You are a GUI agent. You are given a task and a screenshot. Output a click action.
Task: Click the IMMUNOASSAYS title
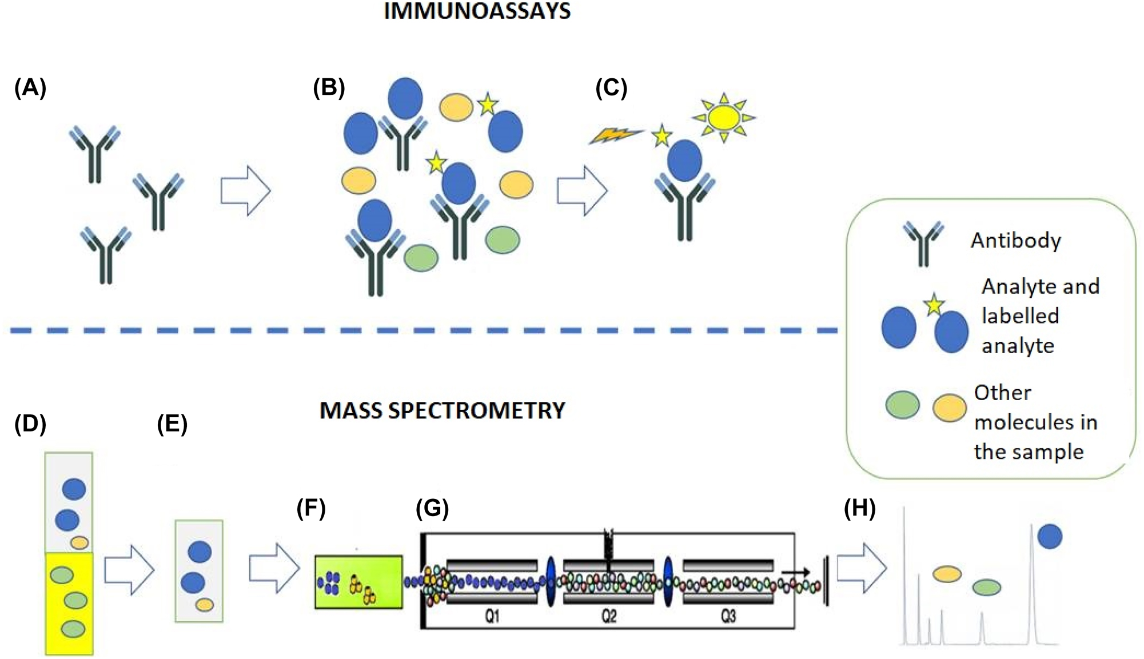tap(477, 11)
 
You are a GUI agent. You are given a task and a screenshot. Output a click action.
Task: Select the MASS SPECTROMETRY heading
tap(442, 410)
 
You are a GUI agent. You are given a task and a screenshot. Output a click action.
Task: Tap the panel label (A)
tap(30, 88)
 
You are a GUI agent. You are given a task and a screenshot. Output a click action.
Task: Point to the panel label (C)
tap(611, 88)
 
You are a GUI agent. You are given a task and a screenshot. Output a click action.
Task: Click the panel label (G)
tap(432, 508)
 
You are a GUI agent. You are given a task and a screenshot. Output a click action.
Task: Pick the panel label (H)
tap(860, 508)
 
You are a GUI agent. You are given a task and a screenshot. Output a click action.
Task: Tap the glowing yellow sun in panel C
tap(724, 118)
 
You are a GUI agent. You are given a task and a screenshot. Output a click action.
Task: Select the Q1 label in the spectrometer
tap(492, 616)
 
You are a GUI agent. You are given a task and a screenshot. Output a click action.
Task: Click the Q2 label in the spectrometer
tap(609, 616)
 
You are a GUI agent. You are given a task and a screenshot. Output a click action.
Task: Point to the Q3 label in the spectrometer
tap(728, 616)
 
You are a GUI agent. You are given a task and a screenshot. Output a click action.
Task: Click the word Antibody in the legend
tap(1016, 241)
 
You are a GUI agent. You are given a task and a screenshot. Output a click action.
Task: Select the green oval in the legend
tap(902, 405)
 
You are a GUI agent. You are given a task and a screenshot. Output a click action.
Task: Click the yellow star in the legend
tap(934, 305)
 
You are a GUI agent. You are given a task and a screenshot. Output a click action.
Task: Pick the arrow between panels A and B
tap(245, 191)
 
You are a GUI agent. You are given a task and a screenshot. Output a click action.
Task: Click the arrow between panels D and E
tap(129, 570)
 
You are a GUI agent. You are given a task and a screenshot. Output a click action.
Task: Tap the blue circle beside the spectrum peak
tap(1050, 536)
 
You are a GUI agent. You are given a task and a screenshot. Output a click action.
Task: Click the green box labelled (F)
tap(358, 582)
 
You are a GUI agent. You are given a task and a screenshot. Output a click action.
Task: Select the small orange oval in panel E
tap(205, 604)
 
